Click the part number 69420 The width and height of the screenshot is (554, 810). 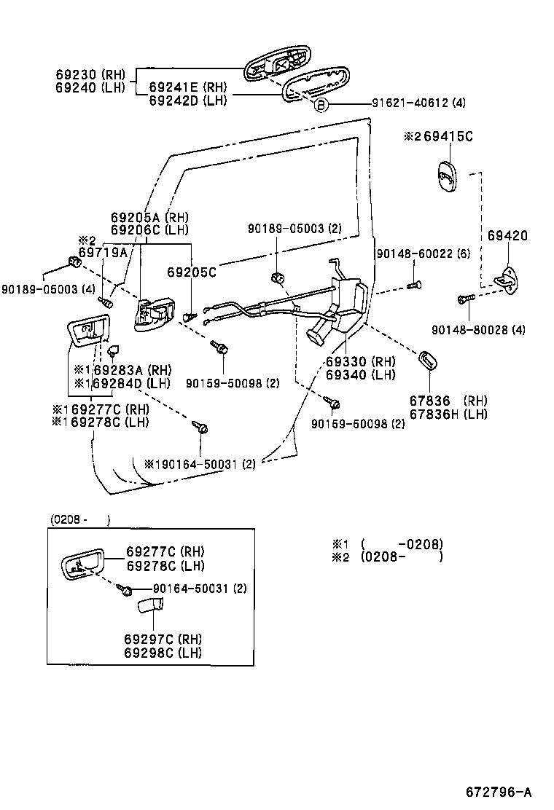click(507, 236)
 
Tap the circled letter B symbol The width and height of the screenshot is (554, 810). click(322, 104)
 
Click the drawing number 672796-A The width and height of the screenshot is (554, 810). click(499, 792)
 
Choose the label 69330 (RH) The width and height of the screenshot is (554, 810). click(360, 361)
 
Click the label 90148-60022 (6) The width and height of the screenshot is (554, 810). click(423, 253)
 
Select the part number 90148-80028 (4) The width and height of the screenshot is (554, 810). click(477, 330)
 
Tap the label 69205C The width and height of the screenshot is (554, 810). click(192, 272)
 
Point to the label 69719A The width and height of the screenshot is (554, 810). click(103, 252)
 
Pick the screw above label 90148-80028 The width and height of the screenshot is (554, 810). click(462, 298)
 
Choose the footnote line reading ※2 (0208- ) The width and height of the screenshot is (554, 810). click(387, 558)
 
